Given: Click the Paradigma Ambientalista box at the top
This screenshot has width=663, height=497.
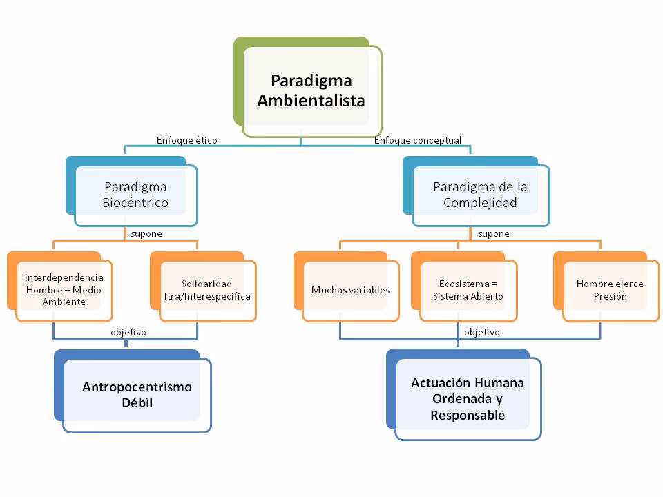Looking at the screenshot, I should (x=311, y=90).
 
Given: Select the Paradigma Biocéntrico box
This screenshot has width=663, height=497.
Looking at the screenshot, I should (x=135, y=195).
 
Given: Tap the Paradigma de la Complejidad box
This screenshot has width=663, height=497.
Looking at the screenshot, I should (x=480, y=195).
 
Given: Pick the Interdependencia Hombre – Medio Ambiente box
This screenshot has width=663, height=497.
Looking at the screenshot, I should (x=64, y=290).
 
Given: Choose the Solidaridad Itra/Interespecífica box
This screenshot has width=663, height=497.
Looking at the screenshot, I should (x=207, y=290).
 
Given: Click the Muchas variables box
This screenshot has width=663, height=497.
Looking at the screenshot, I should (x=350, y=290).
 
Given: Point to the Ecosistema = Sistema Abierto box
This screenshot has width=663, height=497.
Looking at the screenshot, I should (x=468, y=290).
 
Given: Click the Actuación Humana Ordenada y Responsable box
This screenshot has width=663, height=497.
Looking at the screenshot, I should (x=468, y=399).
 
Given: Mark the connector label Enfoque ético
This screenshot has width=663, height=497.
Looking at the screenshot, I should (x=187, y=140).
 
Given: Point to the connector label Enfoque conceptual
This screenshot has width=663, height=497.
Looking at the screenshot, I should (x=418, y=140).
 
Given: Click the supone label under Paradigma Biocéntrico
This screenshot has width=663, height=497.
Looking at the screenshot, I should (x=146, y=233).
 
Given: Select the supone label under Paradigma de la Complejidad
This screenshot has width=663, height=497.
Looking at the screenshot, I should (x=493, y=233).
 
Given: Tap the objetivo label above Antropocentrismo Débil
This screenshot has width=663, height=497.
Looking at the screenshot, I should (x=128, y=332).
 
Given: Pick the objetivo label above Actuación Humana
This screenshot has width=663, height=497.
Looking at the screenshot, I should (x=482, y=332).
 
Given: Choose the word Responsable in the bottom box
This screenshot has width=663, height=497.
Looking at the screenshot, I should (x=468, y=416).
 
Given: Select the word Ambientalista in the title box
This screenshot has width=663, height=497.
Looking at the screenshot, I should (x=311, y=101).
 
